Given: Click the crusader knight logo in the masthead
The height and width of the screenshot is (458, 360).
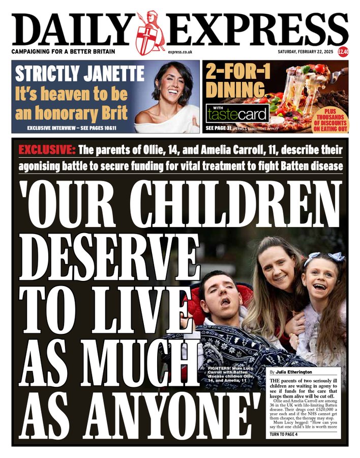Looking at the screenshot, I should (151, 33).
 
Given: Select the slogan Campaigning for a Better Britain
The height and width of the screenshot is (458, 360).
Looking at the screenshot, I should (64, 52).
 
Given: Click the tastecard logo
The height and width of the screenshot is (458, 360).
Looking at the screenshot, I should (237, 112).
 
